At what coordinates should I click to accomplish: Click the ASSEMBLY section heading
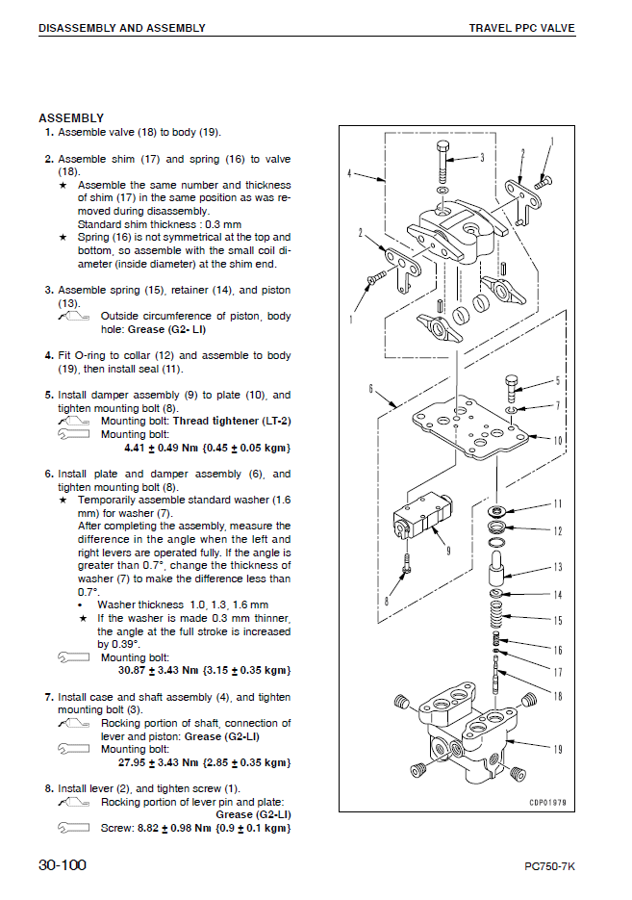pos(71,118)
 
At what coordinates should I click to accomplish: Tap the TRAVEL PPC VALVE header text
pos(521,28)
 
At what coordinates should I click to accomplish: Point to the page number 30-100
pos(63,865)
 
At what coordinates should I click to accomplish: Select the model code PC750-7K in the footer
pos(550,867)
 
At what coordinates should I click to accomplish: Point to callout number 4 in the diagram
pos(353,174)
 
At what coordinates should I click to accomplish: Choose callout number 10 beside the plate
pos(557,440)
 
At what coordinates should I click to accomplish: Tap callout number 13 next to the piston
pos(557,568)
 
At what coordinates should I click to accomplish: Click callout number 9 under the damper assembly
pos(448,550)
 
